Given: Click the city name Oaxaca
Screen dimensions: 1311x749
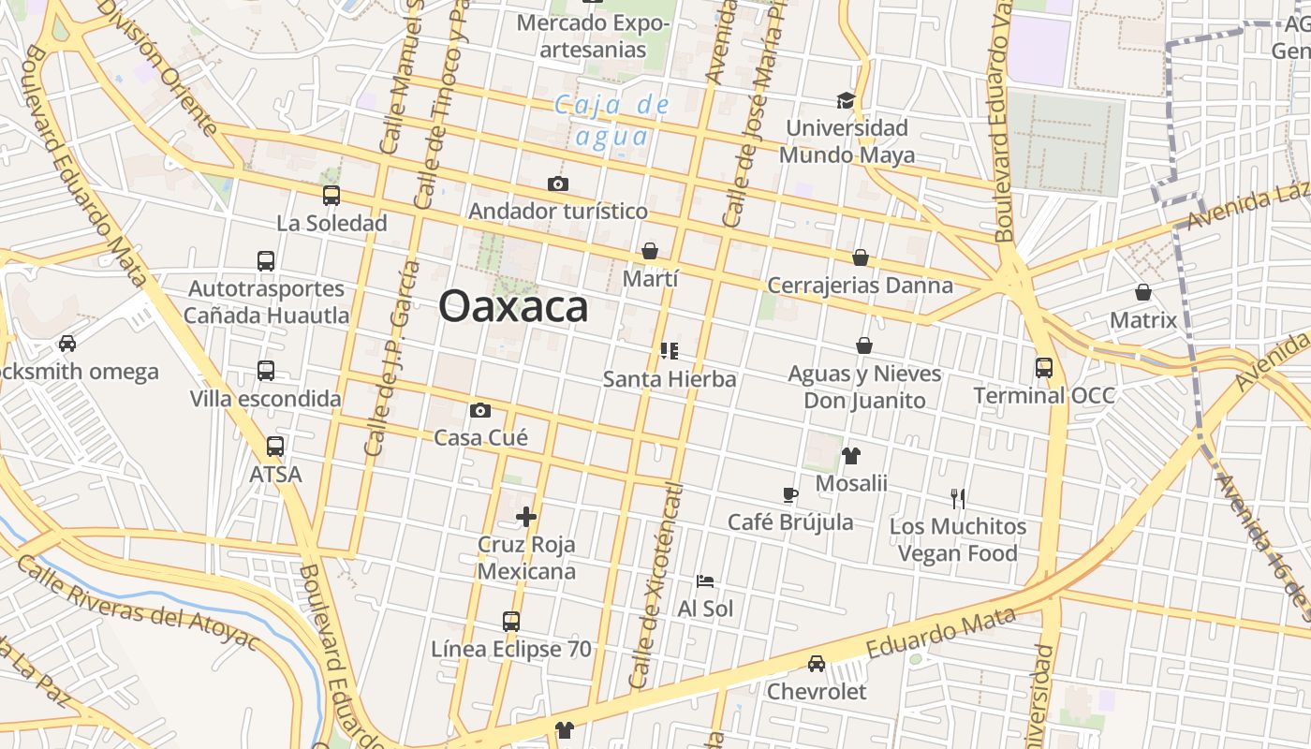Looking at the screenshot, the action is pos(513,306).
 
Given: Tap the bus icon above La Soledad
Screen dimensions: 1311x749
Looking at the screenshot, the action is pos(331,196).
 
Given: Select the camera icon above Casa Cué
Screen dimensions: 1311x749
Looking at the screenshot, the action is pos(480,410).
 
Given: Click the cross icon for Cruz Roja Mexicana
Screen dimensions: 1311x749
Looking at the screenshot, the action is pos(526,516).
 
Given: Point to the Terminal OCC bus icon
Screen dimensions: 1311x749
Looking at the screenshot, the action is pos(1044,368).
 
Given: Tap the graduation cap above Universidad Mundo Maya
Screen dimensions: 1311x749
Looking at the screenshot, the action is pos(847,100).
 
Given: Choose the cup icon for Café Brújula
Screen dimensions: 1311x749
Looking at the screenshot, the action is pos(790,494).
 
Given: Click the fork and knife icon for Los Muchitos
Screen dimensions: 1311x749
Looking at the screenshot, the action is pos(957,498).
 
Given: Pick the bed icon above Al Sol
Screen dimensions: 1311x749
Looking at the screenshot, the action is pos(705,581).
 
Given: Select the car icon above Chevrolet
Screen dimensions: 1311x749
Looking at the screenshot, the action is pos(817,664).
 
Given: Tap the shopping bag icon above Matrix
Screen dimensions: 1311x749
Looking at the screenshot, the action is pos(1142,292).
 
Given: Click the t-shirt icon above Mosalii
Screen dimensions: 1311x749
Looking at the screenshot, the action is pos(850,456).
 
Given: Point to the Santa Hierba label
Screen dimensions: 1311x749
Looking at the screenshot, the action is pos(670,379).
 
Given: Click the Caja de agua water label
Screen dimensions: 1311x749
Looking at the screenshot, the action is pos(612,120).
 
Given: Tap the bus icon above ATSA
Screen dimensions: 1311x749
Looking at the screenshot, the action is pos(275,447).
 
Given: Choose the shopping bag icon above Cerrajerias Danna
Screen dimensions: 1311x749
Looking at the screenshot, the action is pos(860,257).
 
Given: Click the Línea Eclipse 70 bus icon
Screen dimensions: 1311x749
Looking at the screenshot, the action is pos(510,621).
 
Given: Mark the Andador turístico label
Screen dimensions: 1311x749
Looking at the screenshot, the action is pos(558,211).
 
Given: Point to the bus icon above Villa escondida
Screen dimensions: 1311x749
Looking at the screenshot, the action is pos(266,371).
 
